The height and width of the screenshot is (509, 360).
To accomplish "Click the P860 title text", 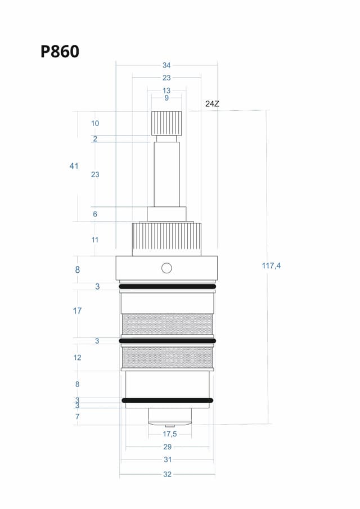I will point(60,51).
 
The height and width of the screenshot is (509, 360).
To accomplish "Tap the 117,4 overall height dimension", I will point(271,265).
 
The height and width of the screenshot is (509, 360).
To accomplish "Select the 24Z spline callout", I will point(212,104).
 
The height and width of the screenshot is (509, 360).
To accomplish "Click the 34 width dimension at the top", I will point(166,65).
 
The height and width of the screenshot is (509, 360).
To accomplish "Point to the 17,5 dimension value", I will point(170,434).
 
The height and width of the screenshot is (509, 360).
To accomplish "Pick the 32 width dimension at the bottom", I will point(167,474).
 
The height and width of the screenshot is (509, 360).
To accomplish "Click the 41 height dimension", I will point(74,166).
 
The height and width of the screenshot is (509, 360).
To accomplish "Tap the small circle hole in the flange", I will point(166,268).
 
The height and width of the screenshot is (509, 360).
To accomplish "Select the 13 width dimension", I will point(166,90).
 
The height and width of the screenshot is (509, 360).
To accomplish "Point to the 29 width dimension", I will point(167,447).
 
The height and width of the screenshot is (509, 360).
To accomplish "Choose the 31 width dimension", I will point(167,460).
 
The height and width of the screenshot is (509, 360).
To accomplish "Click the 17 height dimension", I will point(77,310).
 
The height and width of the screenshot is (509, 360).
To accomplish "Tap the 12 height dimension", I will point(77,357).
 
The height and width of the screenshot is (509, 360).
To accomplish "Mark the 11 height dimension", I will point(95,240).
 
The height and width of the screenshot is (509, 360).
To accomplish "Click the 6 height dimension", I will point(95,214).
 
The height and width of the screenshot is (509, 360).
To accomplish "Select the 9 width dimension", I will point(166,98).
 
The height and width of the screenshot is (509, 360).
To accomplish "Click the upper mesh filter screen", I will point(167,323).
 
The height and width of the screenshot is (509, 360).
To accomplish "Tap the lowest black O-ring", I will point(167,400).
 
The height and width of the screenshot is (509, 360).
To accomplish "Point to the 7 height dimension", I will point(78,417).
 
